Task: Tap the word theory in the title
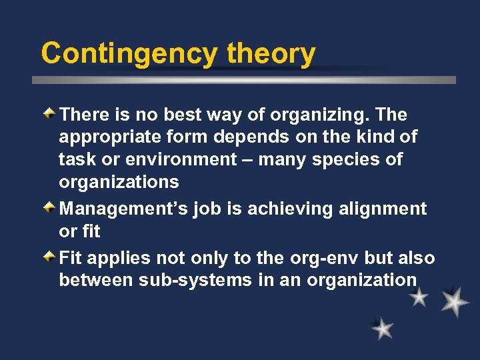[271, 53]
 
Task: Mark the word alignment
[381, 209]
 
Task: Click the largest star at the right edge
[454, 301]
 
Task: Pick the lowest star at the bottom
[382, 328]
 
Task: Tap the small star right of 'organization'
[419, 297]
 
